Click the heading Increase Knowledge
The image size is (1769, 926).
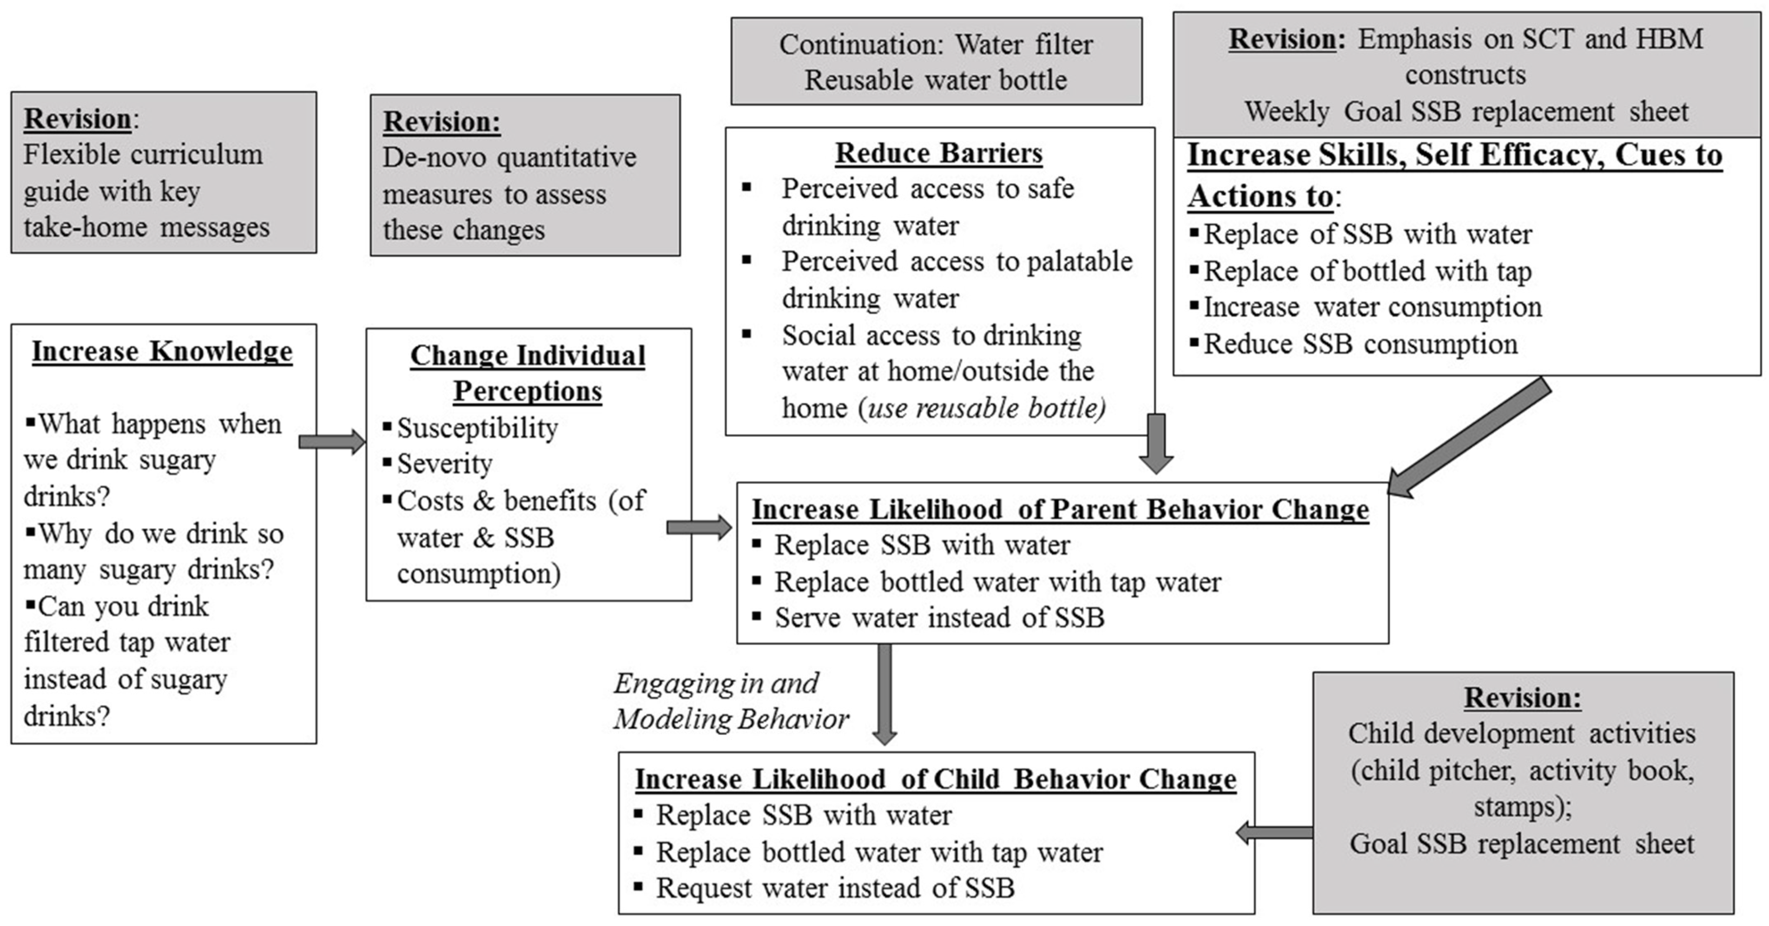point(162,351)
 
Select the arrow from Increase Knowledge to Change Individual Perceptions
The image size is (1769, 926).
point(332,441)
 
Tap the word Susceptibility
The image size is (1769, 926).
point(477,428)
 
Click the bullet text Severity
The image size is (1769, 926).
point(444,465)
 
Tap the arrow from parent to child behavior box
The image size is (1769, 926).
point(885,694)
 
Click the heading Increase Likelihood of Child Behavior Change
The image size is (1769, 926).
point(935,779)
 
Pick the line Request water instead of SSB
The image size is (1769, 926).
point(835,888)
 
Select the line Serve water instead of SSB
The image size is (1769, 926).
point(939,617)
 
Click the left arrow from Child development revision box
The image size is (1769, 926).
point(1274,833)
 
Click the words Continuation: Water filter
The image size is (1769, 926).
point(935,45)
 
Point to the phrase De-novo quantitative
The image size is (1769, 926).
point(509,157)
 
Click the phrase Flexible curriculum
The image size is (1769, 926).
point(143,155)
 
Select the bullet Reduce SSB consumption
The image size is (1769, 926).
point(1360,344)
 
